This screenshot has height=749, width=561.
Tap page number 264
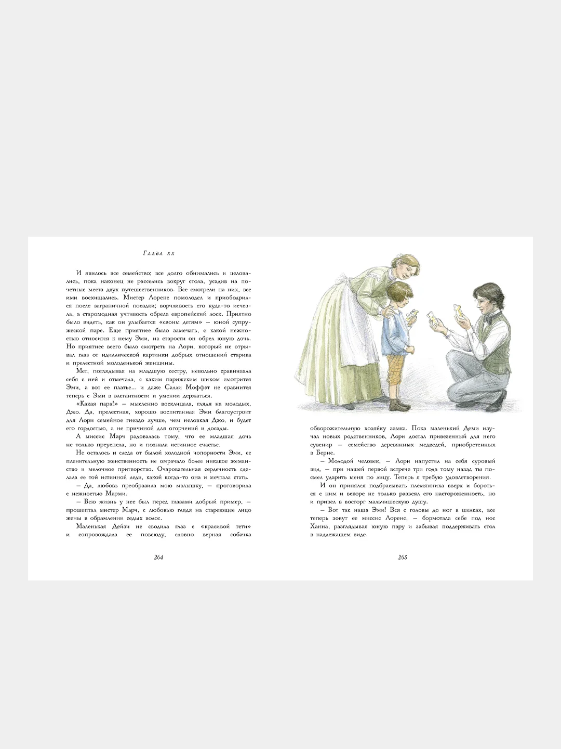click(x=159, y=557)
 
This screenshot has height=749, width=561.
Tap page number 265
click(x=402, y=557)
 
